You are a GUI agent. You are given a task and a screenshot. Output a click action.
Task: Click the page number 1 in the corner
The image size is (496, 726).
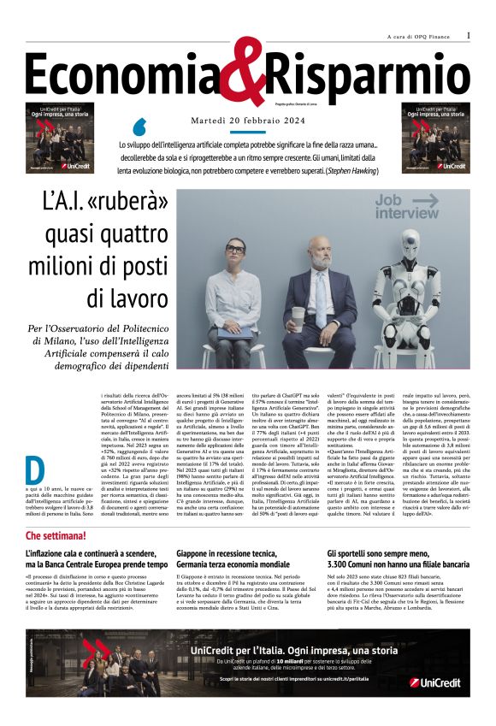pos(469,35)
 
